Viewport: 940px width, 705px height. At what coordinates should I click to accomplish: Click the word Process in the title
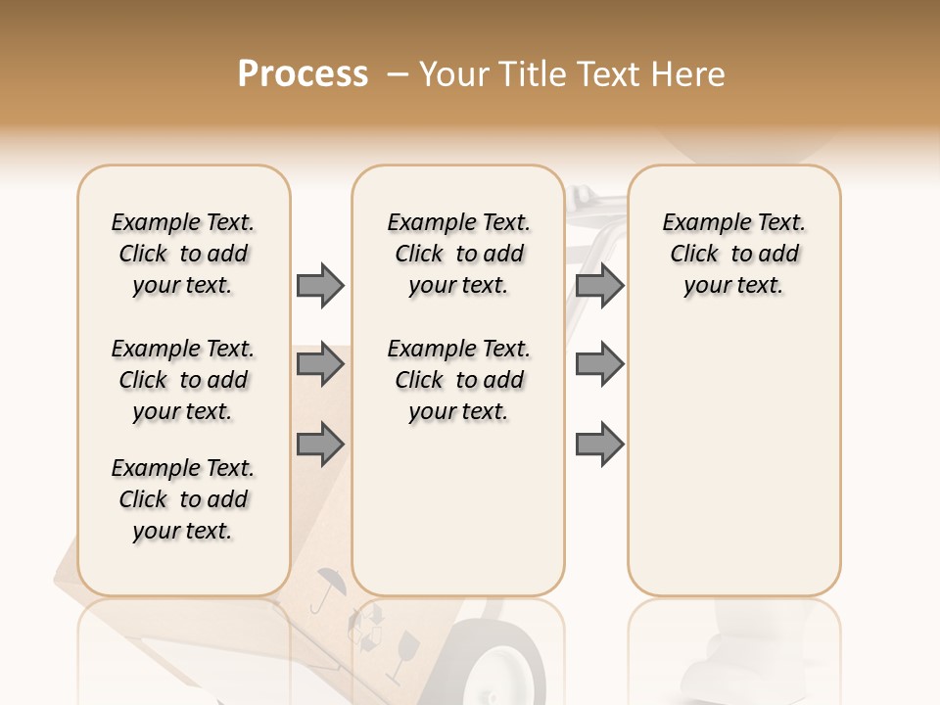(x=303, y=74)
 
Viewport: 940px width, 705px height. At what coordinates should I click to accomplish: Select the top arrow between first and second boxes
(x=320, y=285)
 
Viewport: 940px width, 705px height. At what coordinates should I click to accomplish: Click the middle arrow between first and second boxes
(x=320, y=364)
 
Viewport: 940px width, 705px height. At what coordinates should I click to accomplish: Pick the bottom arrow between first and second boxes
(x=320, y=444)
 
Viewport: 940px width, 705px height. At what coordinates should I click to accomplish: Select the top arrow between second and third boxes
(x=599, y=285)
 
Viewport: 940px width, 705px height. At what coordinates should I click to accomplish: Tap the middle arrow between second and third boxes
(x=599, y=364)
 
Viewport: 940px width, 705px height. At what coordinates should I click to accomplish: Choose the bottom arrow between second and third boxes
(x=599, y=444)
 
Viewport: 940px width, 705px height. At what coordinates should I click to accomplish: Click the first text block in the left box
(x=183, y=254)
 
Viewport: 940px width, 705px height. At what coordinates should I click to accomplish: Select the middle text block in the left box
(x=183, y=380)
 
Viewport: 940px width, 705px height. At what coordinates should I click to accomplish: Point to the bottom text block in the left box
(x=183, y=499)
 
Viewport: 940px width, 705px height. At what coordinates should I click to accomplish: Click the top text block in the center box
(x=458, y=254)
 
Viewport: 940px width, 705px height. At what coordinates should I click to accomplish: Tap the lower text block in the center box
(x=458, y=380)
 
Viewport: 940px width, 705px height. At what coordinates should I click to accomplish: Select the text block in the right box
(x=733, y=254)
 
